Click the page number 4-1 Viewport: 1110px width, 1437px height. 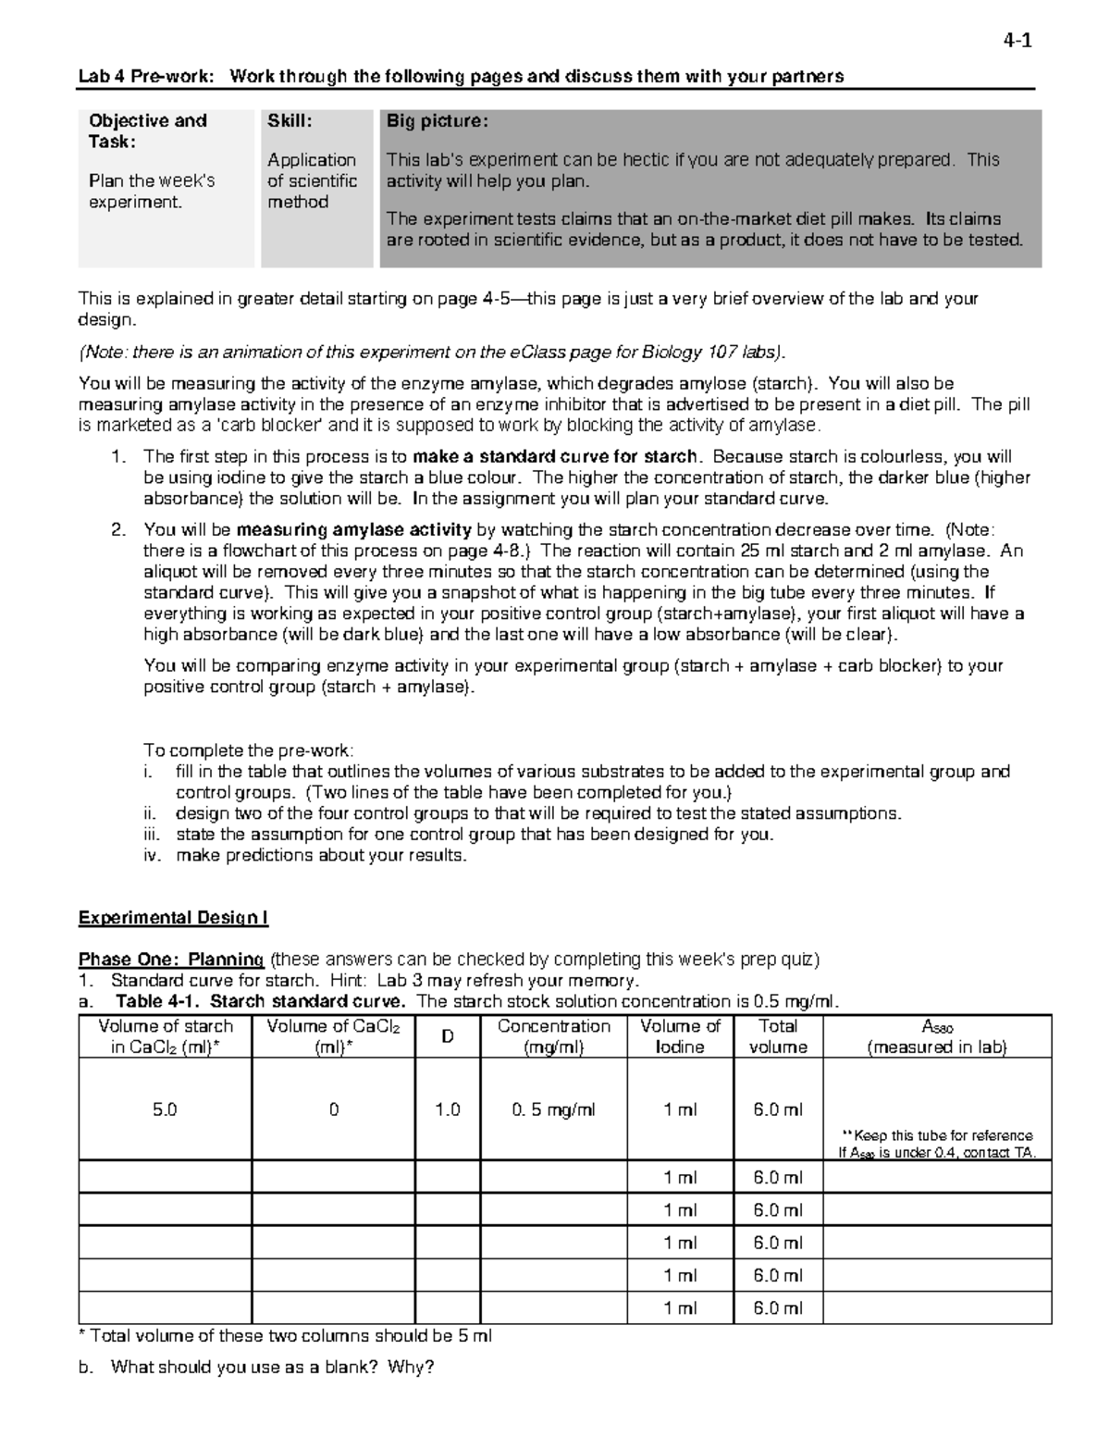click(1017, 41)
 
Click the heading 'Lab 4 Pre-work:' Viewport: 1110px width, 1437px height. click(146, 77)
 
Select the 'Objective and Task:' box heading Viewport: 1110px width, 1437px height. click(147, 130)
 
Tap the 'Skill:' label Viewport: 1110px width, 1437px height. click(290, 121)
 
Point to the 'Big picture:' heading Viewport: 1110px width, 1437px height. click(436, 121)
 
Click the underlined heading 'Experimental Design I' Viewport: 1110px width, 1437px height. click(173, 918)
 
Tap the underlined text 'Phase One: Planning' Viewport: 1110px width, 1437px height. click(171, 960)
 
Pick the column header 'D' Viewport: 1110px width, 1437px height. click(448, 1036)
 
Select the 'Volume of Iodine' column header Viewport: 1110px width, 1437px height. click(680, 1036)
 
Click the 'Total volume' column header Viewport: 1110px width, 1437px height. click(777, 1036)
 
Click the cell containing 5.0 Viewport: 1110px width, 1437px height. click(165, 1109)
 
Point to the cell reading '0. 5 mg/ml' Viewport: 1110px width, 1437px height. click(553, 1109)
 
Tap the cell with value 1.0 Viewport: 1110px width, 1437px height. click(448, 1109)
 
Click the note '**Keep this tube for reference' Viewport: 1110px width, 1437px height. click(936, 1135)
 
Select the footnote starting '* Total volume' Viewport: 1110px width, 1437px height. click(286, 1336)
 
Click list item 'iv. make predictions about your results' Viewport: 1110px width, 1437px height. click(320, 855)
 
